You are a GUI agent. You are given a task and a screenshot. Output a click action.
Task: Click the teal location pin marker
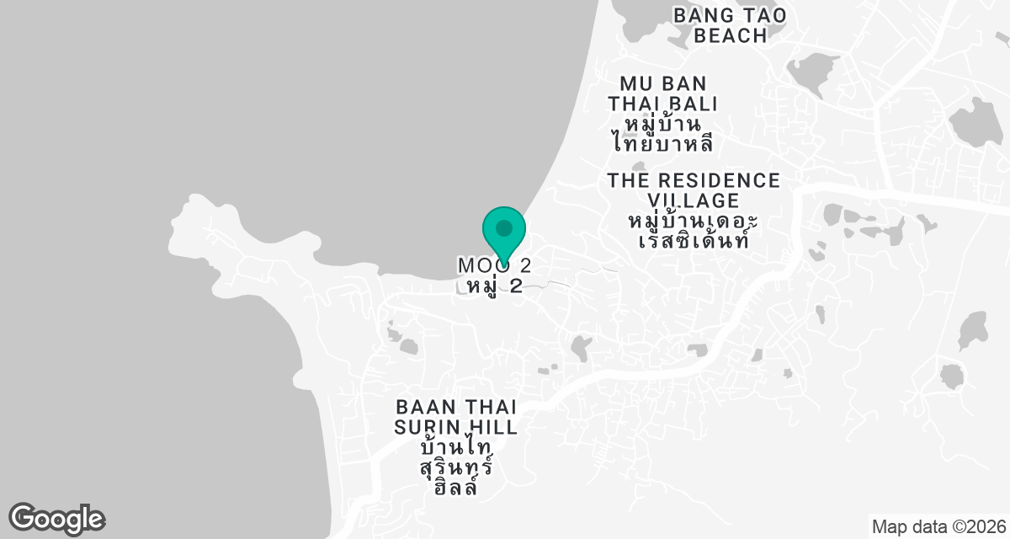click(504, 234)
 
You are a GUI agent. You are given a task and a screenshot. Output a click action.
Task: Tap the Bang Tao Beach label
click(731, 25)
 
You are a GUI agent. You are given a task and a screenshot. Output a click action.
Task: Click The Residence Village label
click(694, 190)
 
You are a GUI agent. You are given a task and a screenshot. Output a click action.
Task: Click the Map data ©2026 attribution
click(938, 527)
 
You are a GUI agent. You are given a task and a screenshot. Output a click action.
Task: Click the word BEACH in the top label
click(731, 36)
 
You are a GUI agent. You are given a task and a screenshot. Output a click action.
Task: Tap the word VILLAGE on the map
click(694, 200)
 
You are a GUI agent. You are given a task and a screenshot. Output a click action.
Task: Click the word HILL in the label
click(495, 427)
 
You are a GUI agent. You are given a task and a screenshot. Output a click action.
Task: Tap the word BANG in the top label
click(698, 15)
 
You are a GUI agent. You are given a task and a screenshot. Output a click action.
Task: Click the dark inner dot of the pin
click(504, 227)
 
